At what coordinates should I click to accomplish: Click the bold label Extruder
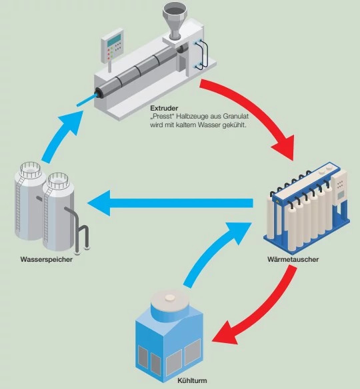(x=164, y=108)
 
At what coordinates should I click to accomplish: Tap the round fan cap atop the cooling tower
(x=172, y=300)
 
